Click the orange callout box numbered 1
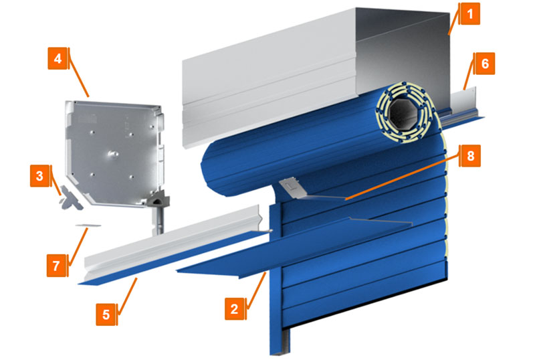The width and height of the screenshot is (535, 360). (x=469, y=13)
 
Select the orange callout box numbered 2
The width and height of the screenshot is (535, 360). (x=235, y=308)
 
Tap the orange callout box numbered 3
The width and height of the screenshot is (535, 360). (x=41, y=176)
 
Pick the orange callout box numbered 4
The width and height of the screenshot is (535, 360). (x=58, y=58)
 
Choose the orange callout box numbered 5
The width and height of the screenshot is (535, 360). (x=106, y=314)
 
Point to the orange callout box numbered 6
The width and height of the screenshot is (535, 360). (x=484, y=64)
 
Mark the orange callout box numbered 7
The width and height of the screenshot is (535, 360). (x=58, y=266)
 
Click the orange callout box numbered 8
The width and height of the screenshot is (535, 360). (x=470, y=156)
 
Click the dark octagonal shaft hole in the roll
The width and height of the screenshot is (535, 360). (x=404, y=113)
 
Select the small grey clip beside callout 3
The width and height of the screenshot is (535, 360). (x=72, y=198)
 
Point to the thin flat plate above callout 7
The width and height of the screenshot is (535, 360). (x=88, y=226)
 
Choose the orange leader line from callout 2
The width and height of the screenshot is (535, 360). (x=256, y=290)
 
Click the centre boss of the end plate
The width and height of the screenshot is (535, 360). (x=112, y=155)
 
